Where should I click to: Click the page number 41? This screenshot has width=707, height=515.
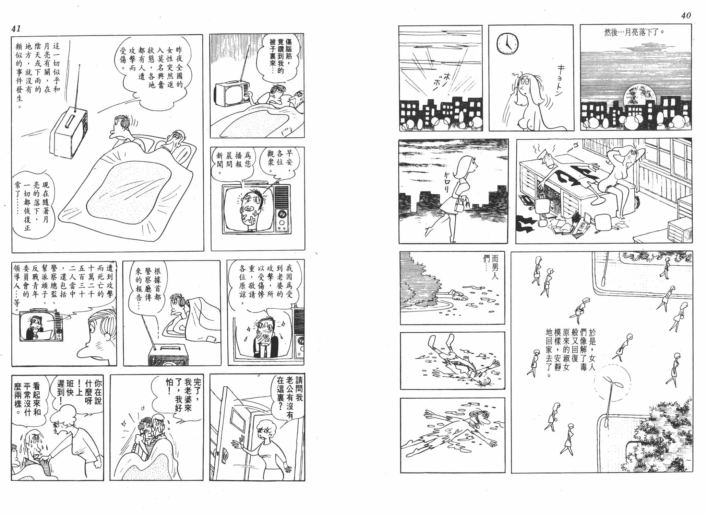coord(16,28)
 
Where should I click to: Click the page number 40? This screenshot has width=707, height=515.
coord(686,15)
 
